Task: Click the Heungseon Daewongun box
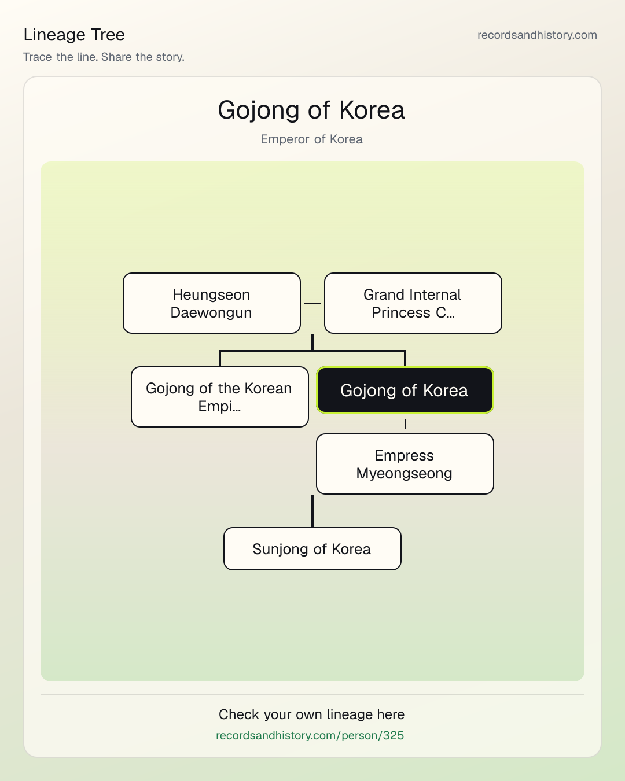click(212, 303)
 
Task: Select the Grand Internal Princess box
click(413, 303)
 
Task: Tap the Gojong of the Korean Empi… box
click(220, 397)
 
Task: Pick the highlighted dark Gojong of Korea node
click(405, 390)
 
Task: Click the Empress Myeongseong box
click(405, 464)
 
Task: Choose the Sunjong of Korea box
click(312, 549)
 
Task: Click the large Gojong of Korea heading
click(311, 110)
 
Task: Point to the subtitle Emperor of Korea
click(311, 139)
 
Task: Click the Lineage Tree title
click(74, 35)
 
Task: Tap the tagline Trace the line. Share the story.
click(104, 57)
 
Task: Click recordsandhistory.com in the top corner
click(537, 35)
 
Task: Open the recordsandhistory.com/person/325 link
click(310, 735)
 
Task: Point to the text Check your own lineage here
click(311, 714)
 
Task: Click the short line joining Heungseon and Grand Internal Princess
click(312, 303)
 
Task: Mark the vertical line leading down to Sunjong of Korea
click(312, 511)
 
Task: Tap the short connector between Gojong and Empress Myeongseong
click(405, 424)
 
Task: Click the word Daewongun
click(211, 312)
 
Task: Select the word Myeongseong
click(404, 474)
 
